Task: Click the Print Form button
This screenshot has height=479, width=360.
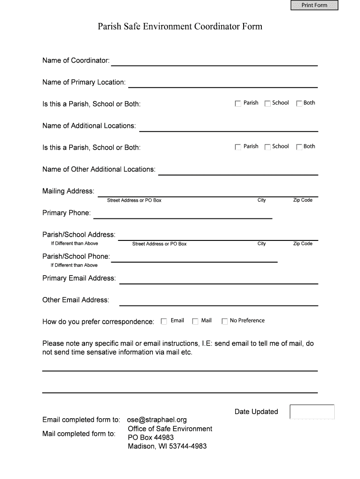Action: [x=314, y=5]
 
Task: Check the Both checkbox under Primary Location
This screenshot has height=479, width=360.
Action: [x=299, y=103]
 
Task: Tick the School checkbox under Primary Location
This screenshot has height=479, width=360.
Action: [x=267, y=103]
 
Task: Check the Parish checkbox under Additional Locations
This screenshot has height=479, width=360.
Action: [x=238, y=147]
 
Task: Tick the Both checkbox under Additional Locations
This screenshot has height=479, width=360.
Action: [x=299, y=147]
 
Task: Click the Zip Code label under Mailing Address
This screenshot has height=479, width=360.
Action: [x=302, y=200]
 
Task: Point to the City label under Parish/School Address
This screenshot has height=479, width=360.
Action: [x=261, y=244]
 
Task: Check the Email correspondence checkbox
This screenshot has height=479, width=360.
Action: [x=164, y=321]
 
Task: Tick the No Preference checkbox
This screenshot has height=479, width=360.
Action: [x=224, y=321]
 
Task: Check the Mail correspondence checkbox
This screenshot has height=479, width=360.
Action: [x=195, y=321]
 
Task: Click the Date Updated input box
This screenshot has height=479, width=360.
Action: [x=312, y=412]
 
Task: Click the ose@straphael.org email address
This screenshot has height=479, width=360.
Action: [x=157, y=420]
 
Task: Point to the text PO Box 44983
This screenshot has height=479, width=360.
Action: [x=151, y=437]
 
